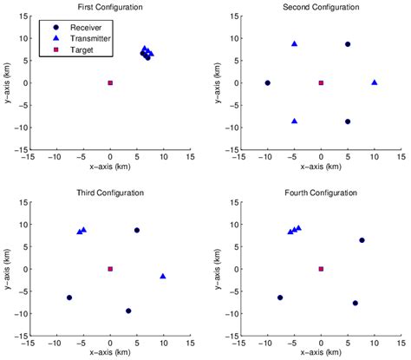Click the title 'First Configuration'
tap(110, 7)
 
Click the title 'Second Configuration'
tap(321, 7)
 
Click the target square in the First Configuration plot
tap(110, 83)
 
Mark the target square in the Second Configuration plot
tap(321, 83)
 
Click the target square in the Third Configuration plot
tap(110, 269)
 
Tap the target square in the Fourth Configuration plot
tap(321, 269)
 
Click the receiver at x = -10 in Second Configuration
tap(268, 83)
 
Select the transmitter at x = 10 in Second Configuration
tap(375, 82)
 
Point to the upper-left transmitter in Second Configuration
tap(295, 43)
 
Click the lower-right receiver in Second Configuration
tap(348, 122)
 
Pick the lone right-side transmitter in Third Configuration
tap(163, 277)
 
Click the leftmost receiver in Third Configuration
tap(69, 298)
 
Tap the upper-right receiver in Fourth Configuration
tap(362, 240)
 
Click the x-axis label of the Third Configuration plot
tap(110, 353)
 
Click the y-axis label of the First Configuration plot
tap(7, 83)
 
